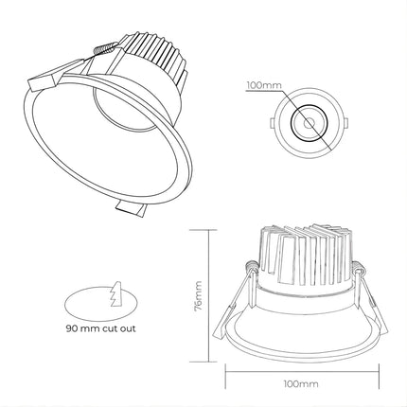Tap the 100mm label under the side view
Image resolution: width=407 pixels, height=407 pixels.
[301, 385]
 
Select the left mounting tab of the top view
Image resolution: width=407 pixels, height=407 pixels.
[273, 123]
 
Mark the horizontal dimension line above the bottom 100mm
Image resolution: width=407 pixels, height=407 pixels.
[301, 369]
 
